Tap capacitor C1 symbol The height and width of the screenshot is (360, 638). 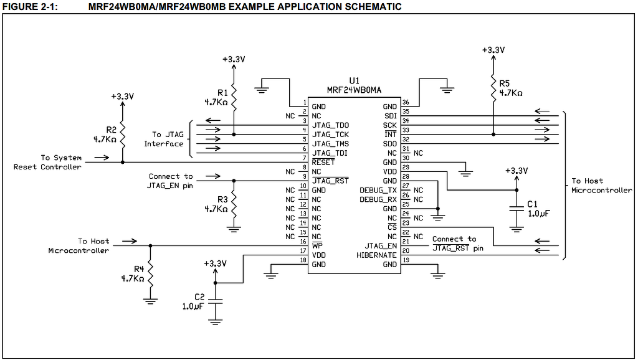point(516,209)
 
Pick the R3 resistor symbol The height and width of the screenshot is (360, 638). point(234,203)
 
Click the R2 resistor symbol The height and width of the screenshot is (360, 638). point(122,133)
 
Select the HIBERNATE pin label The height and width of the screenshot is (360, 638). point(376,255)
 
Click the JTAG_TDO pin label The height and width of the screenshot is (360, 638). point(330,125)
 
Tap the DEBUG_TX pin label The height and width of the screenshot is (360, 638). point(378,190)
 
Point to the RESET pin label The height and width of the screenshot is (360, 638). point(323,163)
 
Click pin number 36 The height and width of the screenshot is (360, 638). point(406,103)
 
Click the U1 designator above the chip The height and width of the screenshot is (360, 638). point(354,80)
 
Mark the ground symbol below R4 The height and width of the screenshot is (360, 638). point(150,301)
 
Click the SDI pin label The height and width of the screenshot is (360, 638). point(391,116)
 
